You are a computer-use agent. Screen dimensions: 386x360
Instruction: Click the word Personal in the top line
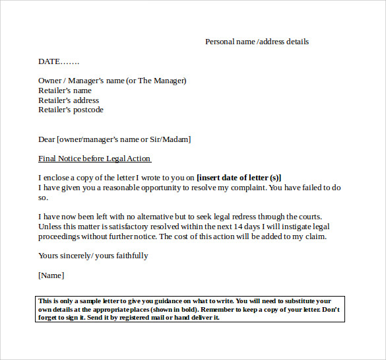point(220,42)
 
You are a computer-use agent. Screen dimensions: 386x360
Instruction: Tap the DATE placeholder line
point(59,61)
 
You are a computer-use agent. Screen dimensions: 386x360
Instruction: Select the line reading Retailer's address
point(69,100)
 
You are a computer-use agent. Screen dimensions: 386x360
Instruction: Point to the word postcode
point(88,110)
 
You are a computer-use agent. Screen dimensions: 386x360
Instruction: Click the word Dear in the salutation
point(47,139)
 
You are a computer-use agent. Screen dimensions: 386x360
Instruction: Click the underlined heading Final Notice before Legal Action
point(94,159)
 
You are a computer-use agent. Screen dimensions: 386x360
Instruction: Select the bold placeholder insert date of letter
point(239,178)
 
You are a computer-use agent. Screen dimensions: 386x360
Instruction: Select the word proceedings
point(60,236)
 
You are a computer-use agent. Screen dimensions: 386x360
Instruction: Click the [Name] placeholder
point(51,275)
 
